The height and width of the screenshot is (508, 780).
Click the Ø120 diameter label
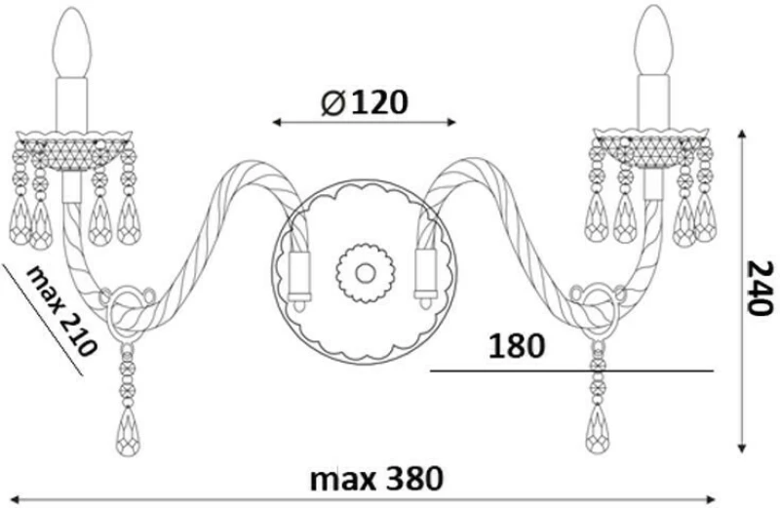tap(364, 103)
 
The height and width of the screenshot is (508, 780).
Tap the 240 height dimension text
tap(761, 288)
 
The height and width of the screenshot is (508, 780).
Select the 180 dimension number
tap(517, 346)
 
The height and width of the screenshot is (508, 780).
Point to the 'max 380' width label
tap(376, 479)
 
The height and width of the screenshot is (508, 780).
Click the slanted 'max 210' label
tap(60, 310)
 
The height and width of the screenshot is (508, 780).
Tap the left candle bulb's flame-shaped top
tap(72, 42)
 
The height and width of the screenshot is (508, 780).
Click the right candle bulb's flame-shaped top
tap(654, 40)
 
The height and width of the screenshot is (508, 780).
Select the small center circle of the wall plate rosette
tap(365, 272)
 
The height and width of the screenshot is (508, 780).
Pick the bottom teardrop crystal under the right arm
tap(598, 429)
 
